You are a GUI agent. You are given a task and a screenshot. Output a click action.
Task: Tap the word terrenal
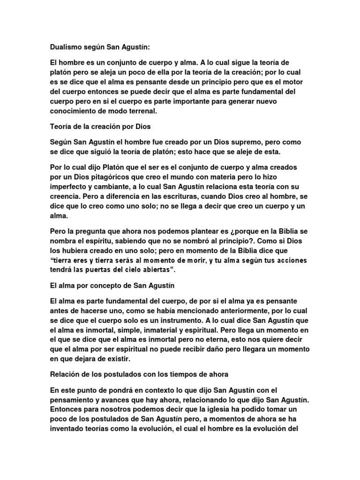(x=142, y=111)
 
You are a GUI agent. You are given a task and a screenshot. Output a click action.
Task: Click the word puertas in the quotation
(x=116, y=270)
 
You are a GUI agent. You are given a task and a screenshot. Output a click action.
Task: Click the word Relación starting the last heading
(x=66, y=375)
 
